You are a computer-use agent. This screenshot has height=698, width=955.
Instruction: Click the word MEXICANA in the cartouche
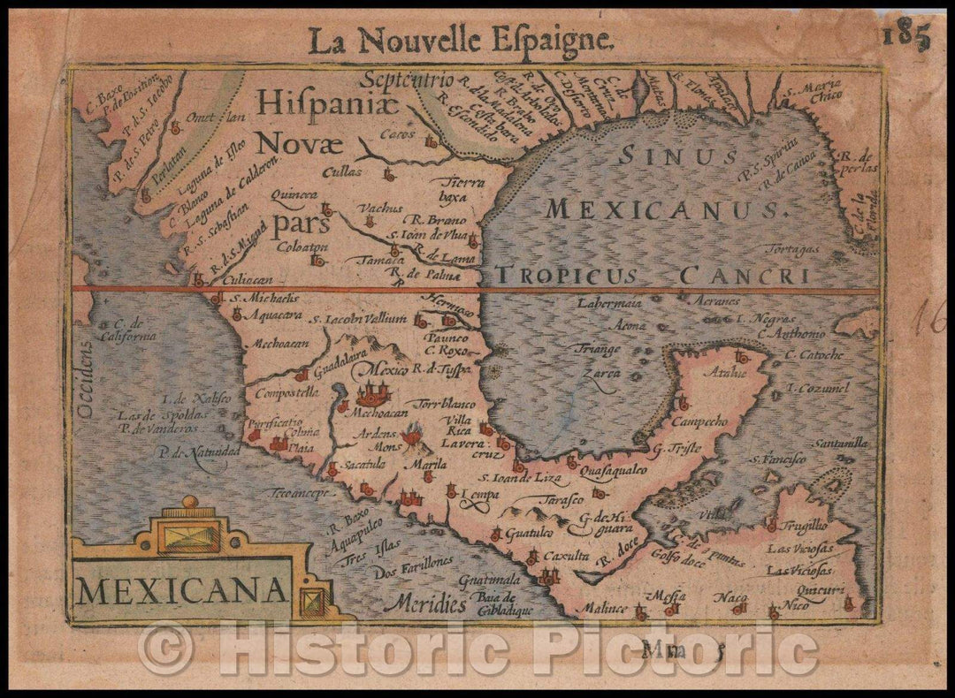coord(181,588)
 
